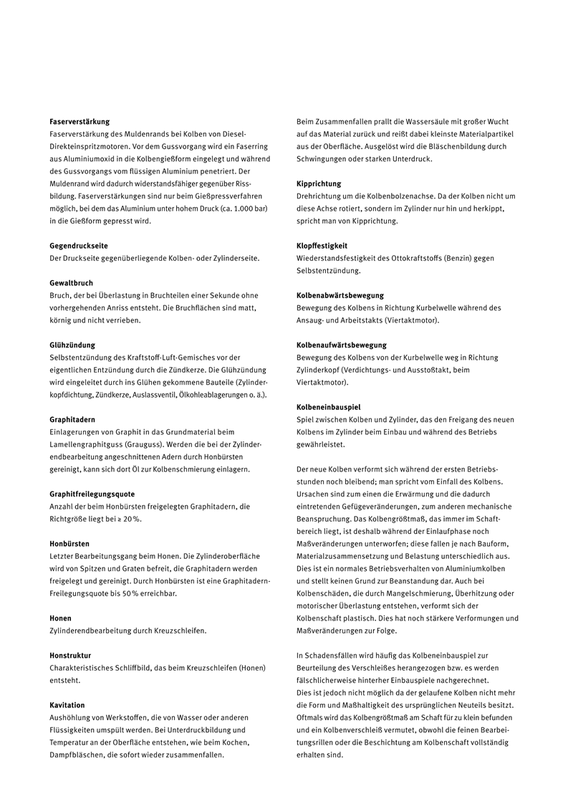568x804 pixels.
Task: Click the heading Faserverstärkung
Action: tap(80, 122)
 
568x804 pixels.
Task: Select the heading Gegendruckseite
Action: tap(80, 246)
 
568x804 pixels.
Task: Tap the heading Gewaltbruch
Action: tap(72, 283)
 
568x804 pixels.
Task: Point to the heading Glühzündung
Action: tap(72, 345)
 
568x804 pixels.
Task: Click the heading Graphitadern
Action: tap(72, 419)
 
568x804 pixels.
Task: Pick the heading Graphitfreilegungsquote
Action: tap(92, 494)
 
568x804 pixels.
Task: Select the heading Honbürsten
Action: tap(69, 544)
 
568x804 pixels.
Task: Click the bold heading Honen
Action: tap(60, 618)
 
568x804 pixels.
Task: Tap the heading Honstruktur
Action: tap(70, 655)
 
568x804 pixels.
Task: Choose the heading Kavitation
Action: tap(67, 705)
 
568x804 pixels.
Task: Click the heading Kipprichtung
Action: tap(319, 184)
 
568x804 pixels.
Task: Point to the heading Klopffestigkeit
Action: tap(322, 246)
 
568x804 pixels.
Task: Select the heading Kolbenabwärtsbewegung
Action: tap(340, 295)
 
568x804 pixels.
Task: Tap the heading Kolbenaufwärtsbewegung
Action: tap(342, 345)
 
